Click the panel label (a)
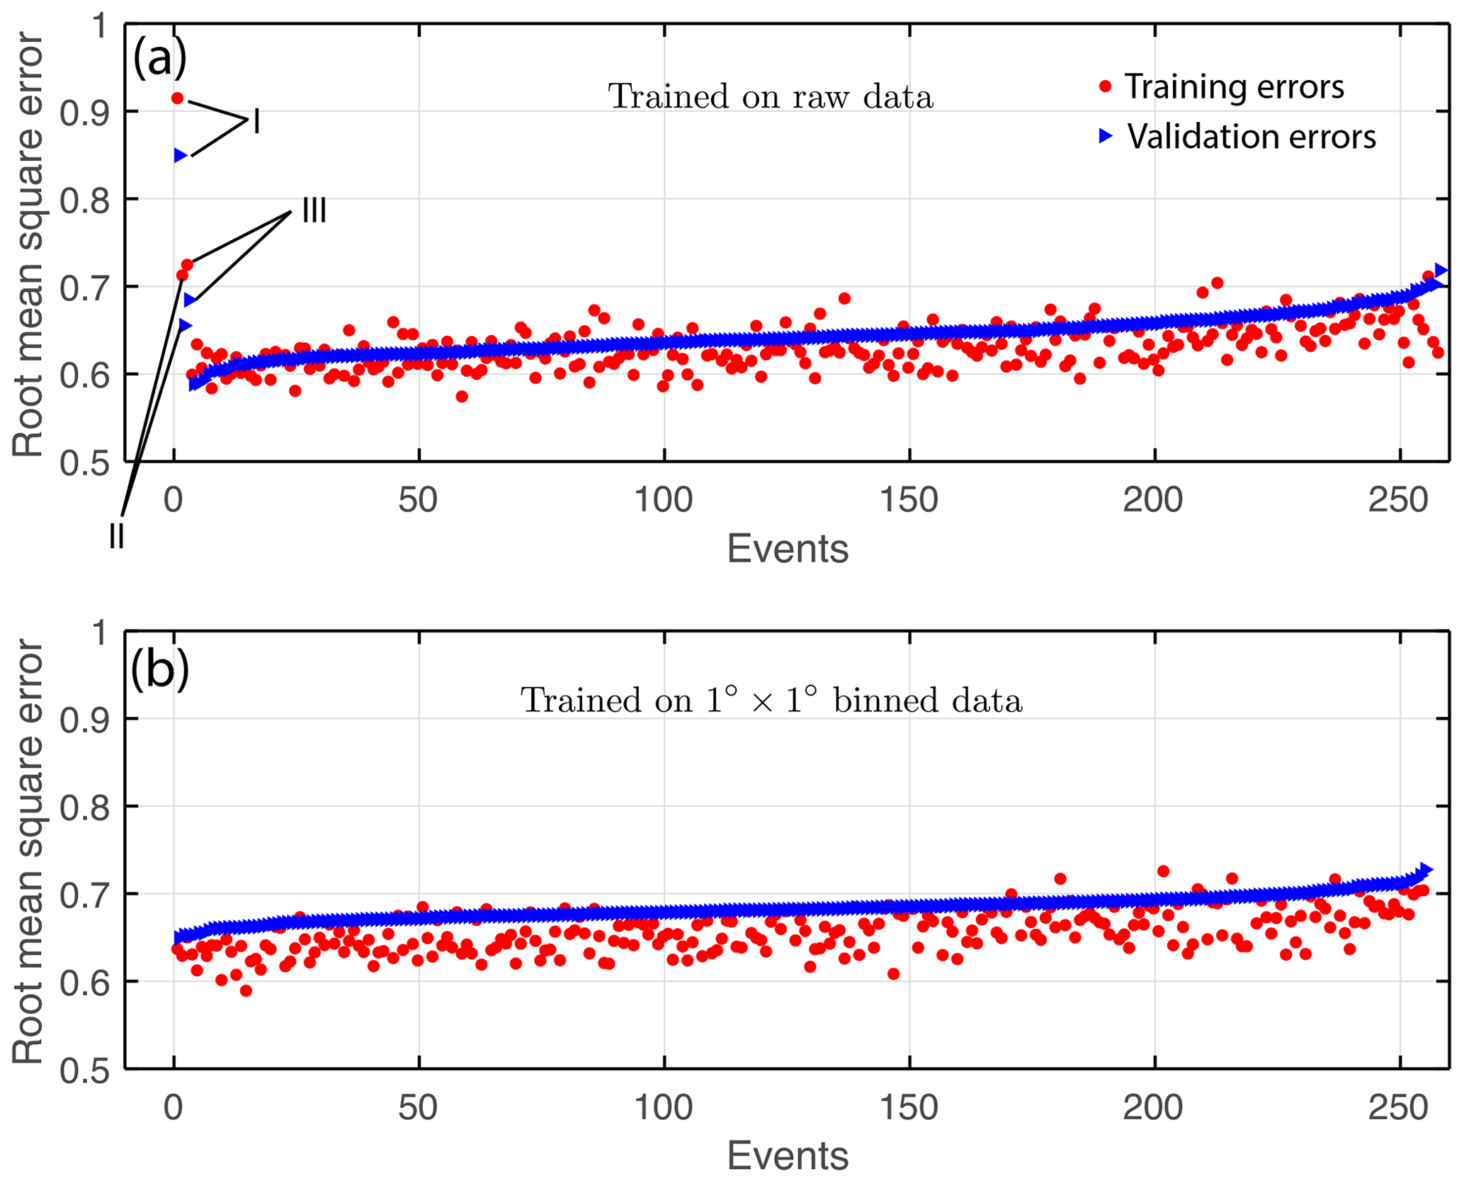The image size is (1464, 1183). pyautogui.click(x=159, y=59)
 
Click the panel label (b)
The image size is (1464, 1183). pyautogui.click(x=159, y=669)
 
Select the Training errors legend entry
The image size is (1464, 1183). pyautogui.click(x=1232, y=87)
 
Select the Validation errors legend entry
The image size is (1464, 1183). pyautogui.click(x=1250, y=137)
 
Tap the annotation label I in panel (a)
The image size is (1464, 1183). pyautogui.click(x=256, y=122)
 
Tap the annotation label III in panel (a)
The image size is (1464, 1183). pyautogui.click(x=314, y=210)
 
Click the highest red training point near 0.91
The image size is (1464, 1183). pyautogui.click(x=178, y=98)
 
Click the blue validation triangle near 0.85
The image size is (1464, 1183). pyautogui.click(x=181, y=156)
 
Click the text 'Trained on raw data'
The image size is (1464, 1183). pyautogui.click(x=771, y=97)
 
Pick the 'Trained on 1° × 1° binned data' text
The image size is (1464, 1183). pyautogui.click(x=771, y=701)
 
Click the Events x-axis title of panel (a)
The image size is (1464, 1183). pyautogui.click(x=788, y=549)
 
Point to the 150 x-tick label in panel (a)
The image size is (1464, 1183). pyautogui.click(x=909, y=501)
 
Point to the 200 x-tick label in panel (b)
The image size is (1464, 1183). pyautogui.click(x=1153, y=1108)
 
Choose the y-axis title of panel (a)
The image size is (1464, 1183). pyautogui.click(x=28, y=244)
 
